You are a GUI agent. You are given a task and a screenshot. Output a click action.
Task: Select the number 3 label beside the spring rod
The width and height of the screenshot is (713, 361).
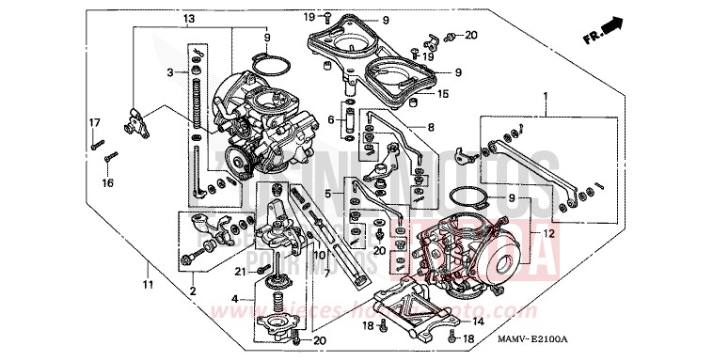[x=170, y=72]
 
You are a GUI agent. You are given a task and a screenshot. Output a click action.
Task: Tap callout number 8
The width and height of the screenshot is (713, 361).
[x=431, y=127]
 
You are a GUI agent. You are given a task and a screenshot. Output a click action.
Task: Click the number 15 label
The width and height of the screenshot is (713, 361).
[x=443, y=94]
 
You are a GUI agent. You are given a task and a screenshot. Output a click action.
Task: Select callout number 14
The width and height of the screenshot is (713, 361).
[x=479, y=322]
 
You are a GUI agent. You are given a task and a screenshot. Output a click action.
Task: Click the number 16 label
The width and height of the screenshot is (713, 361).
[x=107, y=182]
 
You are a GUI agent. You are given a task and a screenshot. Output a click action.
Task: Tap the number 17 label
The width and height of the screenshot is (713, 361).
[x=94, y=123]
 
